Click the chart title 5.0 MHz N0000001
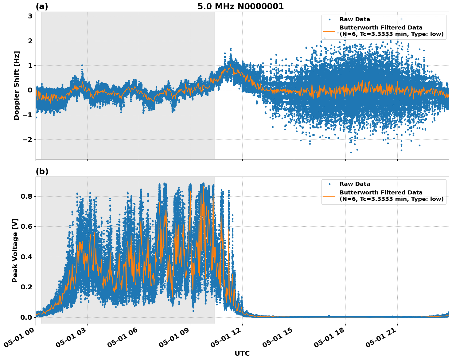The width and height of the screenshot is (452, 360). click(x=240, y=6)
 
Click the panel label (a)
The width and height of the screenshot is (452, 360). click(x=42, y=6)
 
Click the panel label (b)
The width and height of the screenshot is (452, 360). click(x=42, y=171)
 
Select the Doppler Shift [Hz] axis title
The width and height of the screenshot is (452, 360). click(x=17, y=85)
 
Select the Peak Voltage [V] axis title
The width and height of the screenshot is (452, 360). click(x=15, y=250)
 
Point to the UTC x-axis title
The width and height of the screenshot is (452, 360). click(x=242, y=353)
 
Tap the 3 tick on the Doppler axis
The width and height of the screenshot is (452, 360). click(x=30, y=16)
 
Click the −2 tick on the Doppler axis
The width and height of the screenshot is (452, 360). click(x=28, y=140)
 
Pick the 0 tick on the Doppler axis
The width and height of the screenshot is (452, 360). click(x=30, y=90)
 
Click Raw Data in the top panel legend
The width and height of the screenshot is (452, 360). click(x=355, y=19)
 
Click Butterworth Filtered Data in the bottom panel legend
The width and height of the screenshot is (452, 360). click(x=381, y=193)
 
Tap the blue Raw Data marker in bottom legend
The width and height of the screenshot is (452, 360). click(x=329, y=184)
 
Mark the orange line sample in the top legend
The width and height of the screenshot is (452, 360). click(x=329, y=31)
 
